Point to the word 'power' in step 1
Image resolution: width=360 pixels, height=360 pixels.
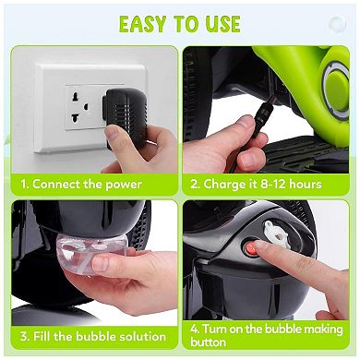123,184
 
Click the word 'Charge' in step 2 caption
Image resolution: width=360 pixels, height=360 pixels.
224,184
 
